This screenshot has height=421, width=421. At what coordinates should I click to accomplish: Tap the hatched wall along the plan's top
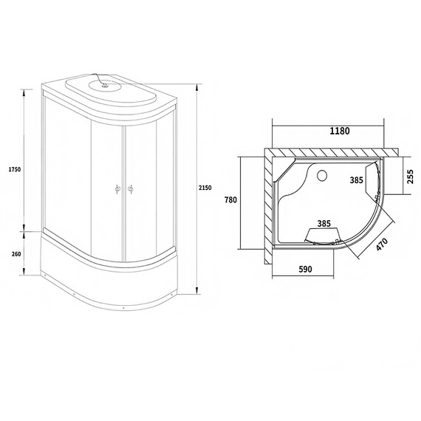pos(325,151)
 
